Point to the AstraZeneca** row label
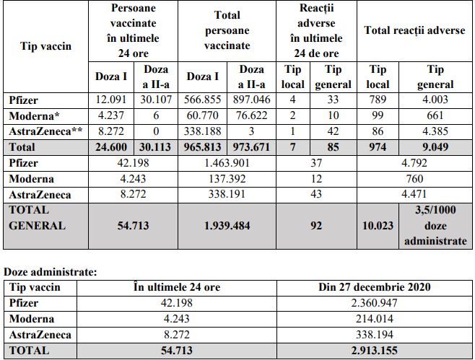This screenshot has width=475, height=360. [42, 131]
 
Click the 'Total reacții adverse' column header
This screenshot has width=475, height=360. [414, 31]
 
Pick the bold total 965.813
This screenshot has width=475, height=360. [203, 147]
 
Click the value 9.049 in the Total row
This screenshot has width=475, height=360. [435, 147]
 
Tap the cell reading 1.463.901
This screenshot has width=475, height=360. [226, 163]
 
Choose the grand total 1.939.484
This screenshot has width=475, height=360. [226, 226]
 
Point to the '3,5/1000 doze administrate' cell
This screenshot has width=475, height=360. [435, 226]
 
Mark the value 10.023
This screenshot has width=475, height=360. [378, 226]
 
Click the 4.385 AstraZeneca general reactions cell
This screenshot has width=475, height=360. [435, 131]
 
